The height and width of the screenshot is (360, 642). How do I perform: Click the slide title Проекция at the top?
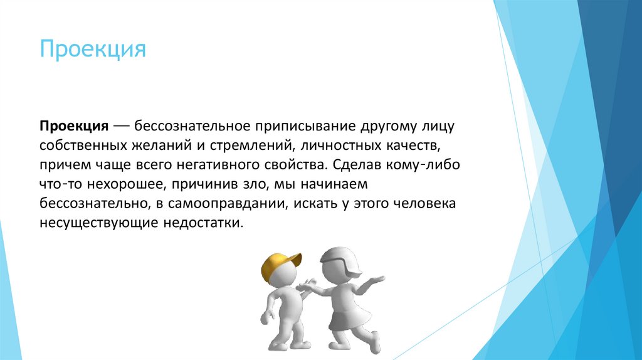[x=93, y=49]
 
